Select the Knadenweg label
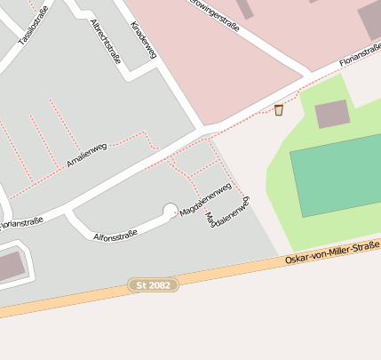coord(143,41)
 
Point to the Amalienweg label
coord(87,155)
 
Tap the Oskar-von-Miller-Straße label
coord(333,252)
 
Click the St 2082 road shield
coord(154,284)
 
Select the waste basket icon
coord(279,109)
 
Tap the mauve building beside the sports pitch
coord(332,114)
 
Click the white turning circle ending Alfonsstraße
coord(170,211)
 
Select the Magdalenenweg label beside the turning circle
coord(205,200)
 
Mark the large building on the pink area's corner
coord(370,20)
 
